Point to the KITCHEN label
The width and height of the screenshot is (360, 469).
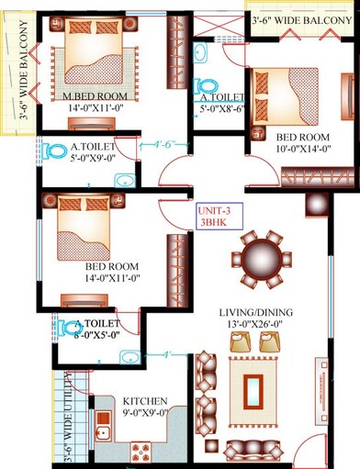point(146,402)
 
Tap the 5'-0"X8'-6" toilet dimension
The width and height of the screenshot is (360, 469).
point(221,107)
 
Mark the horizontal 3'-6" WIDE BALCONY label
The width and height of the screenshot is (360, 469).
point(301,17)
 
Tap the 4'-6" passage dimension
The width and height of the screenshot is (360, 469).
point(166,144)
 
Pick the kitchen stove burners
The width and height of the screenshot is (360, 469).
point(142,450)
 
